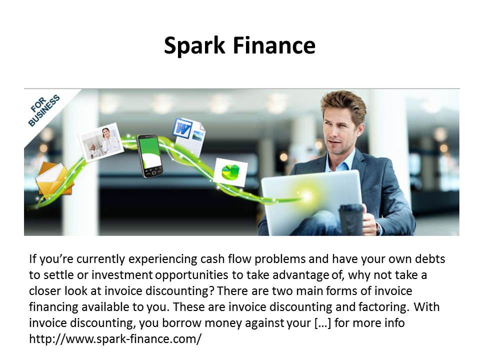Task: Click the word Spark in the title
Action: point(194,46)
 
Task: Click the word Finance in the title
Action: point(274,45)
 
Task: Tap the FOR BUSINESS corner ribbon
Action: point(44,110)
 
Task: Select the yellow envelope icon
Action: point(54,181)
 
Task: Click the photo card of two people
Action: point(101,142)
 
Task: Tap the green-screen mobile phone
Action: point(150,156)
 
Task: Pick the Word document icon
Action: point(189,136)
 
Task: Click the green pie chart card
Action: point(230,172)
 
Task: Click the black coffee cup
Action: point(351,220)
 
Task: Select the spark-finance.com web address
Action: point(115,339)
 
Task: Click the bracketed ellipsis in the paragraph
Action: point(322,323)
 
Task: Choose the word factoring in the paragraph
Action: point(383,307)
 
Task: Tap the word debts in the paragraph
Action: point(430,259)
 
